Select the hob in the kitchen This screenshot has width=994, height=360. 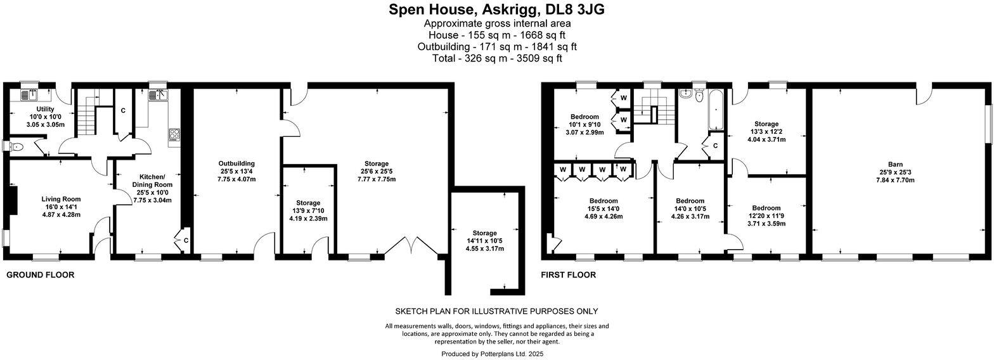pos(174,134)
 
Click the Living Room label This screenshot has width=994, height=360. pos(61,199)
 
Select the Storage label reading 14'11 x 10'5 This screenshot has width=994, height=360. pos(484,233)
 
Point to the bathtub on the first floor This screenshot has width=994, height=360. pos(716,109)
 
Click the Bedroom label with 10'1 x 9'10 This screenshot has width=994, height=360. pos(584,117)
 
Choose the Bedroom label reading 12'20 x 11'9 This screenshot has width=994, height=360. pos(766,208)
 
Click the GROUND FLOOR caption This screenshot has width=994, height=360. pos(41,275)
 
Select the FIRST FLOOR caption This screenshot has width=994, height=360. pos(568,275)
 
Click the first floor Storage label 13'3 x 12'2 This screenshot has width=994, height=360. pos(766,124)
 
